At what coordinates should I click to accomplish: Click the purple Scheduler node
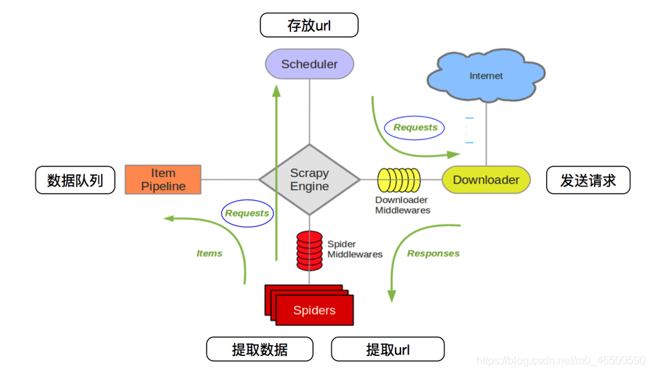tap(310, 64)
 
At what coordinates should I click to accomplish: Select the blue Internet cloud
tap(486, 75)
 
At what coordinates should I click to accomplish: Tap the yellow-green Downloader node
tap(486, 180)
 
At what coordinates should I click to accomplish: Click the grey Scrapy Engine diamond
tap(310, 180)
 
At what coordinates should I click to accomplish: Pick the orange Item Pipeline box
tap(163, 180)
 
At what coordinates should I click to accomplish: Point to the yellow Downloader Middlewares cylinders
tap(399, 180)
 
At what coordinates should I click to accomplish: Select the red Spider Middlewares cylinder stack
tap(310, 250)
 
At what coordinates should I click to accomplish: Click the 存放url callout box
tap(309, 26)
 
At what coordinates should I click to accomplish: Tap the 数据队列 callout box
tap(75, 180)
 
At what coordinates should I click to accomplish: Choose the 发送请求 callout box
tap(588, 180)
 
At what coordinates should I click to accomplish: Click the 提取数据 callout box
tap(260, 349)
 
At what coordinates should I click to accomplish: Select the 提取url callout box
tap(388, 349)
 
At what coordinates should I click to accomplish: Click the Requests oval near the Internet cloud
tap(415, 127)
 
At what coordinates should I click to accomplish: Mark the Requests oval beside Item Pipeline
tap(247, 213)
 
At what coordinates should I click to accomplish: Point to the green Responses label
tap(433, 253)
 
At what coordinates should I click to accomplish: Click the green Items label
tap(209, 253)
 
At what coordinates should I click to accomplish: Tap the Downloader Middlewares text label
tap(403, 205)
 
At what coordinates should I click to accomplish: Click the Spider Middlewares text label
tap(355, 249)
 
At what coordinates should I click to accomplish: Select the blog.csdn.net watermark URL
tap(560, 361)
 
